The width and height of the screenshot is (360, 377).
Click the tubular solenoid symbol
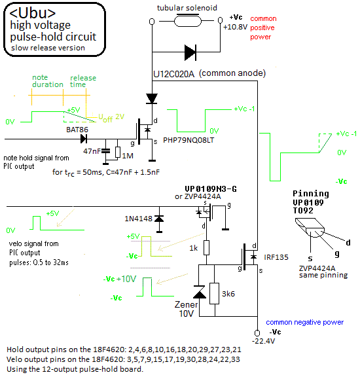point(188,20)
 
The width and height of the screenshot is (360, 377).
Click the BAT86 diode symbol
point(84,139)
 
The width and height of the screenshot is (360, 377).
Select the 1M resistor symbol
point(118,152)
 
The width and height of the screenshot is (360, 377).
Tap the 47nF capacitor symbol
point(105,151)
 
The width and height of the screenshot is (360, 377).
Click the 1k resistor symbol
point(206,247)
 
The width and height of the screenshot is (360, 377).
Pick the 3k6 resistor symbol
point(215,294)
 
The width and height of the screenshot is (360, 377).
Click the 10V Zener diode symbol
point(200,292)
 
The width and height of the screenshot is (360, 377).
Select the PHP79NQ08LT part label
point(189,140)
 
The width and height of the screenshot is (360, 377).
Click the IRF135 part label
point(276,257)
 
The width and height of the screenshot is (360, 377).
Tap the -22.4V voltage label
point(263,341)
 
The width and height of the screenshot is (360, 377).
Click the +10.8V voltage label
point(235,27)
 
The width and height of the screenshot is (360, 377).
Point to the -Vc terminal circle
point(257,332)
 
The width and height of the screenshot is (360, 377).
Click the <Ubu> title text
point(33,13)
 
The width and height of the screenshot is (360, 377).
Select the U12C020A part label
point(173,74)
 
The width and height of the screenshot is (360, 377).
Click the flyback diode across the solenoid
point(190,52)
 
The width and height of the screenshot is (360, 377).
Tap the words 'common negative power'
point(304,322)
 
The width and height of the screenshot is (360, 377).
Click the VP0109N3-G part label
point(211,189)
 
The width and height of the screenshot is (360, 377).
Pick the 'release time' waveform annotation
point(83,81)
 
